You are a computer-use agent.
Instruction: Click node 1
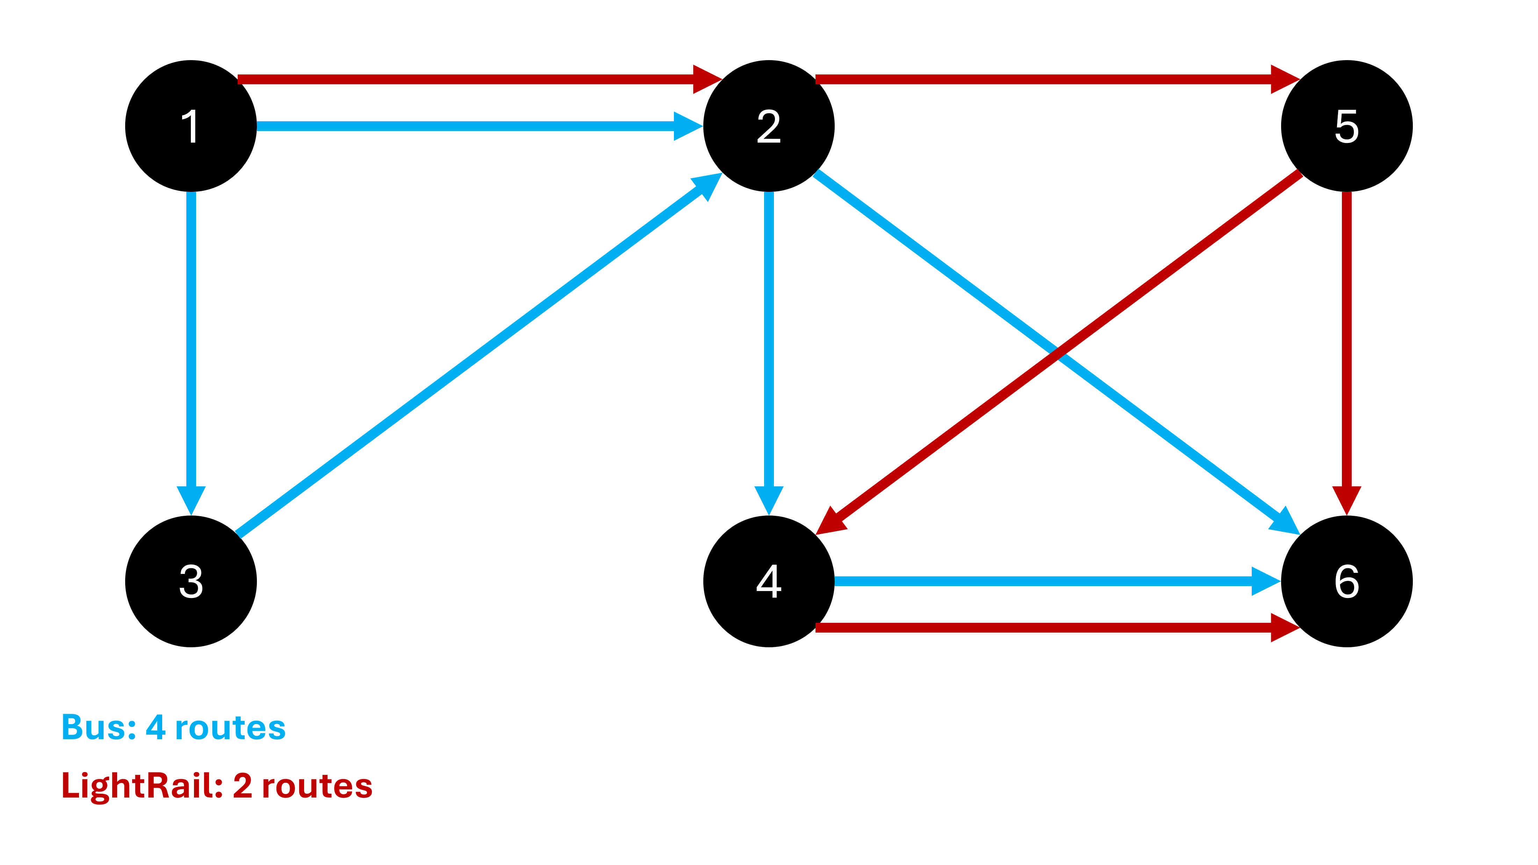click(x=191, y=126)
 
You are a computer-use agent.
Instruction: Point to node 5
click(x=1346, y=126)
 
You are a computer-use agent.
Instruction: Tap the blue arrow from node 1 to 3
click(x=191, y=346)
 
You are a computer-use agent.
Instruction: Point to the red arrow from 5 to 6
click(x=1346, y=346)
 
